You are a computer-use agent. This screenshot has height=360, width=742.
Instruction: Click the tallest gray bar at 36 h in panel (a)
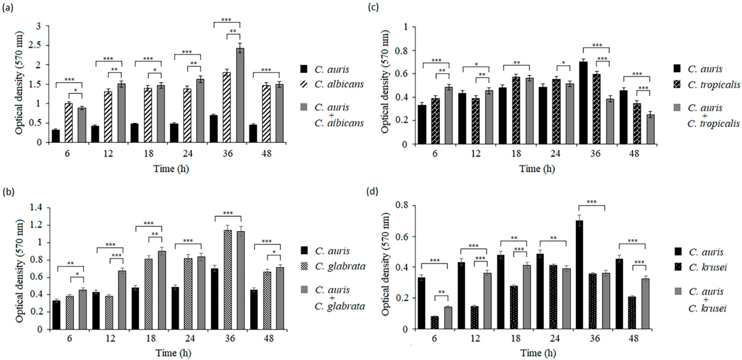(x=240, y=95)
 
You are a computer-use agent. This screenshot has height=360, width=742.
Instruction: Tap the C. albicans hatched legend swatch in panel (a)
(x=304, y=84)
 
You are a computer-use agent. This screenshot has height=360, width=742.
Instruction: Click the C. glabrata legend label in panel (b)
(x=340, y=266)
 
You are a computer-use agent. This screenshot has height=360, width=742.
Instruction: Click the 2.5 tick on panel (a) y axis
(x=38, y=45)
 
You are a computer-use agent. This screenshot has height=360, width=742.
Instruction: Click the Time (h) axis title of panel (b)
(x=173, y=353)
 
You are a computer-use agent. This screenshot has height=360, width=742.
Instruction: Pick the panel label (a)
(x=7, y=8)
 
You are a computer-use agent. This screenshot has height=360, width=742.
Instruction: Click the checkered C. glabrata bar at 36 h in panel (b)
(x=228, y=279)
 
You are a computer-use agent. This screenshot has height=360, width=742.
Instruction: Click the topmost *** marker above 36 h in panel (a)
(x=226, y=20)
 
